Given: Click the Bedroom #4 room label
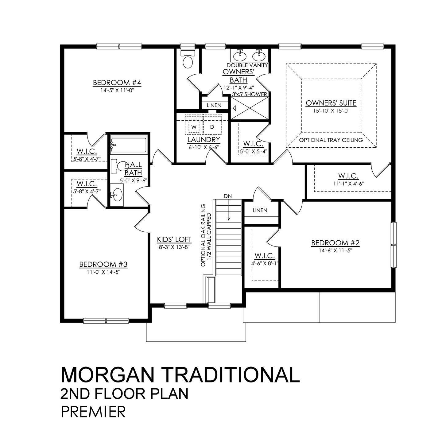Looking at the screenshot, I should (117, 83).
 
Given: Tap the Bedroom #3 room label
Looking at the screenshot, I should (103, 264).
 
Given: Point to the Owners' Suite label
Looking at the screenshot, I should (331, 103).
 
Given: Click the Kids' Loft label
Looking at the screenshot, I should (174, 239).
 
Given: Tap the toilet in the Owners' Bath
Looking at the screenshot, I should (187, 60).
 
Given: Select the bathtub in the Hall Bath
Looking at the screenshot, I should (128, 145).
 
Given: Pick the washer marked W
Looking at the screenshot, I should (194, 127).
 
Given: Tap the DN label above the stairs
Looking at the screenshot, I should (227, 196).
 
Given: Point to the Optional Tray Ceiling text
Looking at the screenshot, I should (331, 140).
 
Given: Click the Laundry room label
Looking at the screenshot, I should (204, 140).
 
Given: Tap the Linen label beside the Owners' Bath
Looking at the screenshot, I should (214, 105).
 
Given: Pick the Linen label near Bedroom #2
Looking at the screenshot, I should (260, 210).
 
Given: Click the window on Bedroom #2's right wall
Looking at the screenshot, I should (393, 245).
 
